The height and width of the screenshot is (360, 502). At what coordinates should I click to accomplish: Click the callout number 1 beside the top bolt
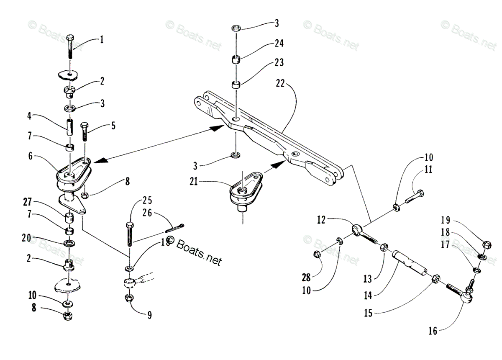coord(102,40)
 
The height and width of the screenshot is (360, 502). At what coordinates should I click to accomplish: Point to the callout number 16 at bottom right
coord(432,331)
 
